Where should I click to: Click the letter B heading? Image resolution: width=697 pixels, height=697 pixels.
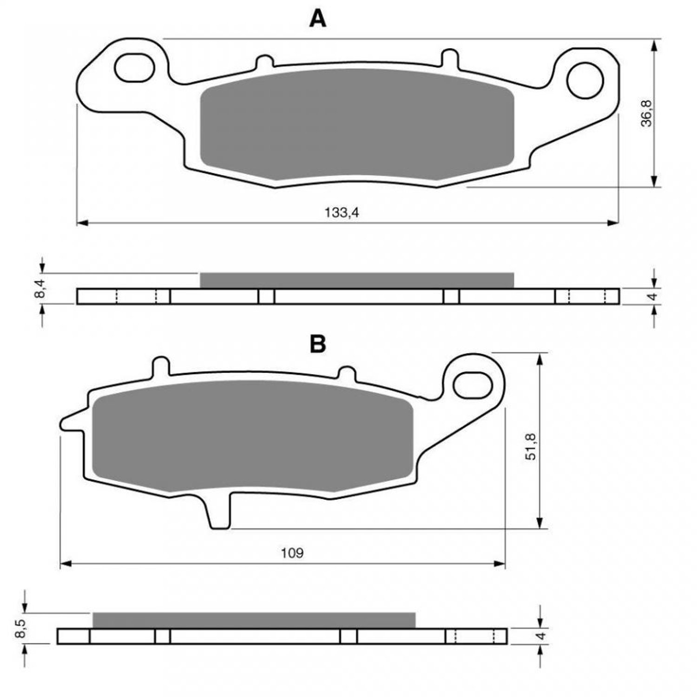pos(318,344)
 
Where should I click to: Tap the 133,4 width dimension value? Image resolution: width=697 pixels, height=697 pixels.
pos(342,213)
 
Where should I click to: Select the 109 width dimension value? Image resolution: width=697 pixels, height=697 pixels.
pos(292,553)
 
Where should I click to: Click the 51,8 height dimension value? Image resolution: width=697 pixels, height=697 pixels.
pos(531,447)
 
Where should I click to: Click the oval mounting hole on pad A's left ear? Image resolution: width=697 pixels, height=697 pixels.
pos(134,68)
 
